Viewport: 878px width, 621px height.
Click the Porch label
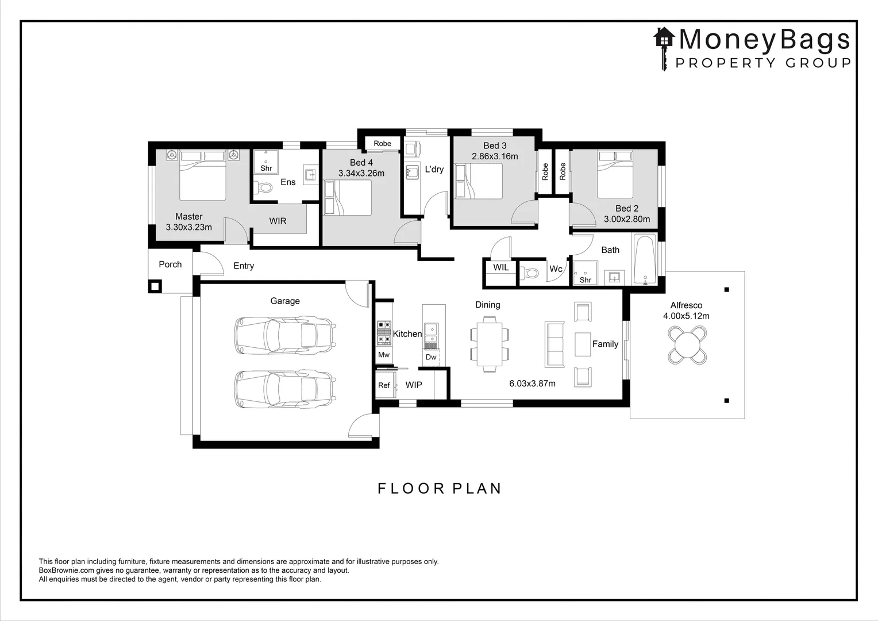pos(170,264)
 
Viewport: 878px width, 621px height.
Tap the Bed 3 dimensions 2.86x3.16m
pos(495,156)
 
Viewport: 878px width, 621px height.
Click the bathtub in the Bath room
pos(645,259)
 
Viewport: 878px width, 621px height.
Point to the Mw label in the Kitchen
pos(384,355)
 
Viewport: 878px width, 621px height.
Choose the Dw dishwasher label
pos(431,357)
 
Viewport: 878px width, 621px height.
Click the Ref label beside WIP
pos(384,385)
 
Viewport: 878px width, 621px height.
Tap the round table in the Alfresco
pos(687,346)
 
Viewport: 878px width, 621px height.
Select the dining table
pos(490,344)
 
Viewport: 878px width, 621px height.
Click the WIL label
pos(501,267)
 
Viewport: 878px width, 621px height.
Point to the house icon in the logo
pos(664,37)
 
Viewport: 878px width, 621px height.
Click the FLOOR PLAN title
pos(440,488)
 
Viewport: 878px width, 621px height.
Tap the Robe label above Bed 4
pos(382,144)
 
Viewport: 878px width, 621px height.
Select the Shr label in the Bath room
pos(585,279)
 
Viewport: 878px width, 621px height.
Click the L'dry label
pos(434,170)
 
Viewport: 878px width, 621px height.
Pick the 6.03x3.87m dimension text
pos(532,384)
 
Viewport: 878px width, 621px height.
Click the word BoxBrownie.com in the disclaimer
pos(67,570)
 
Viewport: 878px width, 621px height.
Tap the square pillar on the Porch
pos(155,286)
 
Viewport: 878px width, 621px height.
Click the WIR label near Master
pos(278,221)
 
